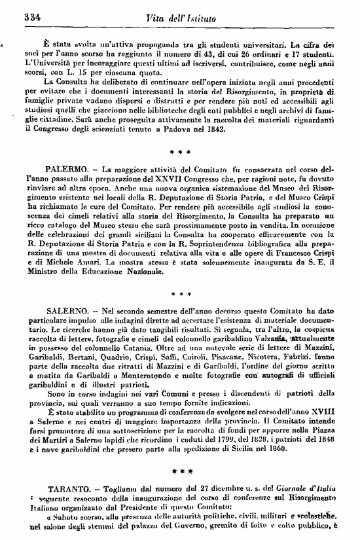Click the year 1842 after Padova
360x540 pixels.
(213, 130)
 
